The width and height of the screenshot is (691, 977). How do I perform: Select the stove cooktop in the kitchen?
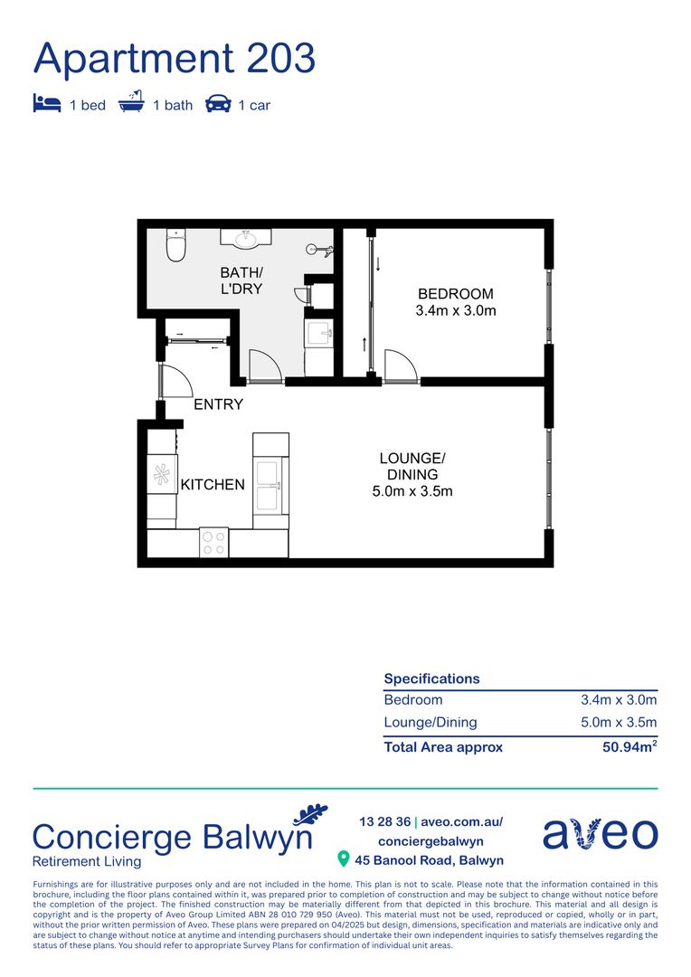[214, 543]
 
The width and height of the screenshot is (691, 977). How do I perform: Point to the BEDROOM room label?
[455, 294]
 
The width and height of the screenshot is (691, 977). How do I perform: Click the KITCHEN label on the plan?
[213, 485]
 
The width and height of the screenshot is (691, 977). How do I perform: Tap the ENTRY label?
[219, 404]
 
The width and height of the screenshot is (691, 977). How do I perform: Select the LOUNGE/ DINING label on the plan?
[412, 466]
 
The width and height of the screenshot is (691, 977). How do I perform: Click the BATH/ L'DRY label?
[241, 280]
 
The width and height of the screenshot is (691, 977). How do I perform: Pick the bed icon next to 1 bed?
[47, 104]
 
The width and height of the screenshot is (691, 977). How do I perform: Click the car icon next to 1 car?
[218, 104]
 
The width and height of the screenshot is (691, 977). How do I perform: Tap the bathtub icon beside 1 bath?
[132, 103]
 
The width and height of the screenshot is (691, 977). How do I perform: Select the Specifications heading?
[431, 678]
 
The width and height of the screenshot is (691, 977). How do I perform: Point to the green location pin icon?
[343, 859]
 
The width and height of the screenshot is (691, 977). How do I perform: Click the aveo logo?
[600, 834]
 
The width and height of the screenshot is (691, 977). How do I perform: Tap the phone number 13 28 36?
[383, 822]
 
